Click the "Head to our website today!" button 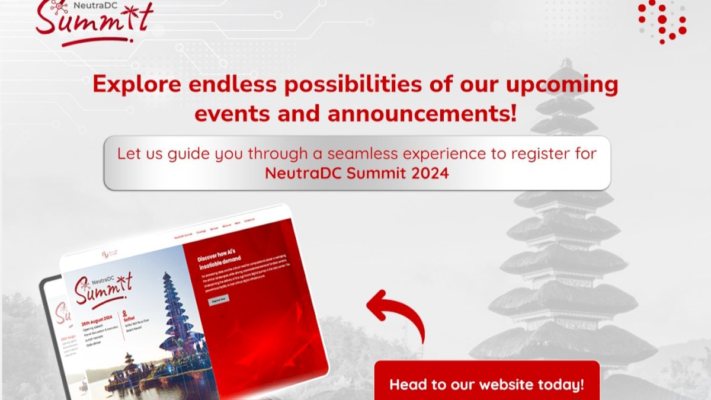[486, 384]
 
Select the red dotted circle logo [662, 21]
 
